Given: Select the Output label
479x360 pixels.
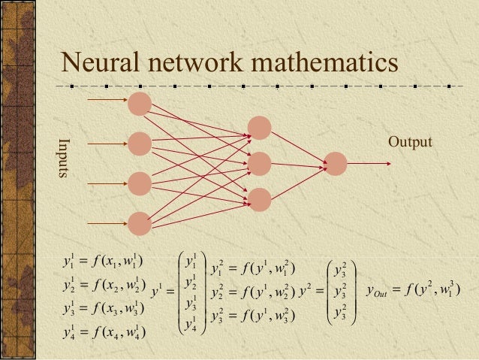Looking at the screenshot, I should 410,141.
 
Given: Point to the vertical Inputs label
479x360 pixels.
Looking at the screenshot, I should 65,162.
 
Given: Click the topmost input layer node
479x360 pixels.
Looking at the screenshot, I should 140,103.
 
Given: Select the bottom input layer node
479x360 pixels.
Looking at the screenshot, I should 140,222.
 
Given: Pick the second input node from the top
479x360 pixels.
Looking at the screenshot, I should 140,143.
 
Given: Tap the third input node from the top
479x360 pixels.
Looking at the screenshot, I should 140,183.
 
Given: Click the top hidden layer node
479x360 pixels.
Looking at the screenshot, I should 259,128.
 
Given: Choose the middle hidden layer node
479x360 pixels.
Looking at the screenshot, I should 259,163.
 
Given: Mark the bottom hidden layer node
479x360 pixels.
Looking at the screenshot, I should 259,199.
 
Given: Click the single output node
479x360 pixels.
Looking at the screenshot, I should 335,163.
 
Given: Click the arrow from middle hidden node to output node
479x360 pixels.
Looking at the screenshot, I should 297,163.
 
